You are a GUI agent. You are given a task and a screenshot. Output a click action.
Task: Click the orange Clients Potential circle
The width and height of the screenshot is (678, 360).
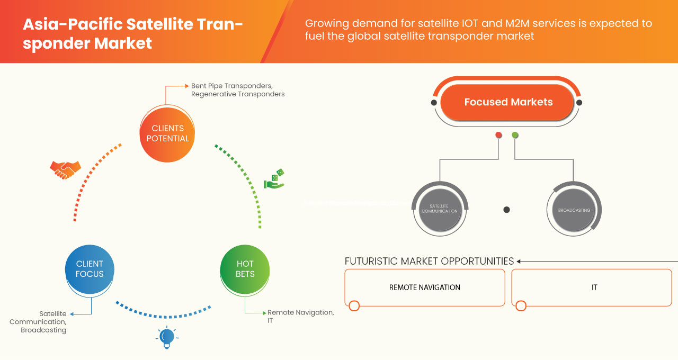167,133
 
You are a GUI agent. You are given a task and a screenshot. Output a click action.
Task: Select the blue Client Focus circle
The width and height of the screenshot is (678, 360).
90,268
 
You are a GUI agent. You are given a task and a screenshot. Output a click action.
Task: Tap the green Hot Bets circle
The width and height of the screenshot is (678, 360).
245,268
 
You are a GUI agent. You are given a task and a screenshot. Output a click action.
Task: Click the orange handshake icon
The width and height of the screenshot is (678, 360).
65,170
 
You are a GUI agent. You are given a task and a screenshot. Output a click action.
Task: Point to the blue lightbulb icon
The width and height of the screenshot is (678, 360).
167,337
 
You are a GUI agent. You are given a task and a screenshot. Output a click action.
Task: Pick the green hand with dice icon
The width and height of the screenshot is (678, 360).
274,179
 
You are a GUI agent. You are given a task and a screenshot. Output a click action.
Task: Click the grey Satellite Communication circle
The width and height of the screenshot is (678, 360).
439,208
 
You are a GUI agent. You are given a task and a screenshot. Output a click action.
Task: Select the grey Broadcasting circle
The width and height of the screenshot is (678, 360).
574,210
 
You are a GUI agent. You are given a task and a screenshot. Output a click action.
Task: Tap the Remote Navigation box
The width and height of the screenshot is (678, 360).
424,287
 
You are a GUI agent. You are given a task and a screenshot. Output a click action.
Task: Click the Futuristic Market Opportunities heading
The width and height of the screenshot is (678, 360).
429,261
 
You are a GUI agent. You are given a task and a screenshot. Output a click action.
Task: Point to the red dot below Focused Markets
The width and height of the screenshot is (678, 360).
498,135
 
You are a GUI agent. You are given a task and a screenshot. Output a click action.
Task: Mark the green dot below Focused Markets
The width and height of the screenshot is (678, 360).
515,135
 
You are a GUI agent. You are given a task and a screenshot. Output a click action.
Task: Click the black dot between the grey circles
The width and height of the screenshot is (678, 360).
506,210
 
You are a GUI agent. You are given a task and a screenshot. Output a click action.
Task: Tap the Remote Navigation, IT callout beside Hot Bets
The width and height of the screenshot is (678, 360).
300,317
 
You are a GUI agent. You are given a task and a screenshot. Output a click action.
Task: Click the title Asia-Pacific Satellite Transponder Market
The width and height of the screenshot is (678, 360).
132,33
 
